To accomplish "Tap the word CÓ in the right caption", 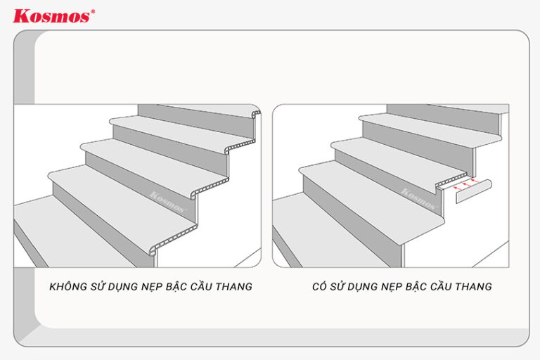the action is (x=321, y=287).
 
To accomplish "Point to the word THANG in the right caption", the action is (x=474, y=287).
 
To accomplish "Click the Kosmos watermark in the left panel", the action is (x=167, y=202).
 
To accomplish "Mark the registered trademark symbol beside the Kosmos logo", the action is (x=94, y=11).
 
